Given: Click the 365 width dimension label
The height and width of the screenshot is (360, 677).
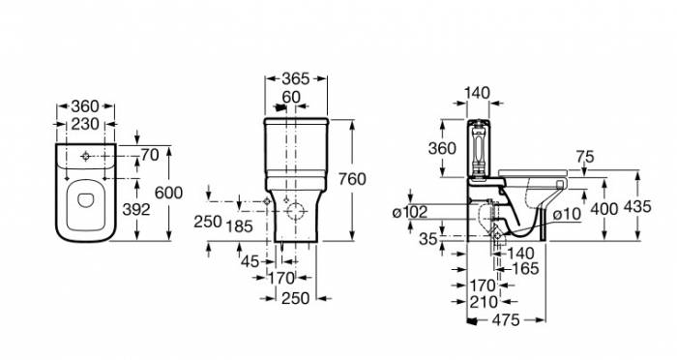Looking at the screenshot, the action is click(296, 78).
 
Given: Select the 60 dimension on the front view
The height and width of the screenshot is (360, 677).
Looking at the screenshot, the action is click(291, 97).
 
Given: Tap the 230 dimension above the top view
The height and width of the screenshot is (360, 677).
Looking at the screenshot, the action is click(85, 125).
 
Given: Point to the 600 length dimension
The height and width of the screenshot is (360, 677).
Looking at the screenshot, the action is click(169, 193).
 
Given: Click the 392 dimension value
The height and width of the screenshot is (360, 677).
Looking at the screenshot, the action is click(136, 210).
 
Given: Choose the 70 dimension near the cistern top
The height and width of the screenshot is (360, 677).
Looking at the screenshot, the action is click(150, 155).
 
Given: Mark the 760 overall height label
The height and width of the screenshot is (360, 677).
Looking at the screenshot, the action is click(352, 179).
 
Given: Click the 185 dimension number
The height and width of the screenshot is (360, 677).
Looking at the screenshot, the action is click(239, 225).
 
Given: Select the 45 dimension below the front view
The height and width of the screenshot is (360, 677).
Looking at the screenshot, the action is click(250, 261).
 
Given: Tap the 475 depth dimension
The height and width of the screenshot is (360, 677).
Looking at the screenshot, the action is click(506, 320).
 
